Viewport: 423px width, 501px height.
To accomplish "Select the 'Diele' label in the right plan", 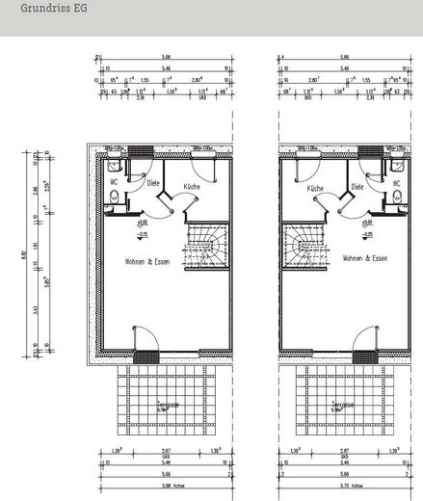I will point(357,188).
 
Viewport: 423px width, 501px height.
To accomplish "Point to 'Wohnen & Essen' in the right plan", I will point(364,259).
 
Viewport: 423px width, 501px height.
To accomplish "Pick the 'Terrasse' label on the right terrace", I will point(339,405).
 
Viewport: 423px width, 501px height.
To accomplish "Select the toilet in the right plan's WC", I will point(397,199).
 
